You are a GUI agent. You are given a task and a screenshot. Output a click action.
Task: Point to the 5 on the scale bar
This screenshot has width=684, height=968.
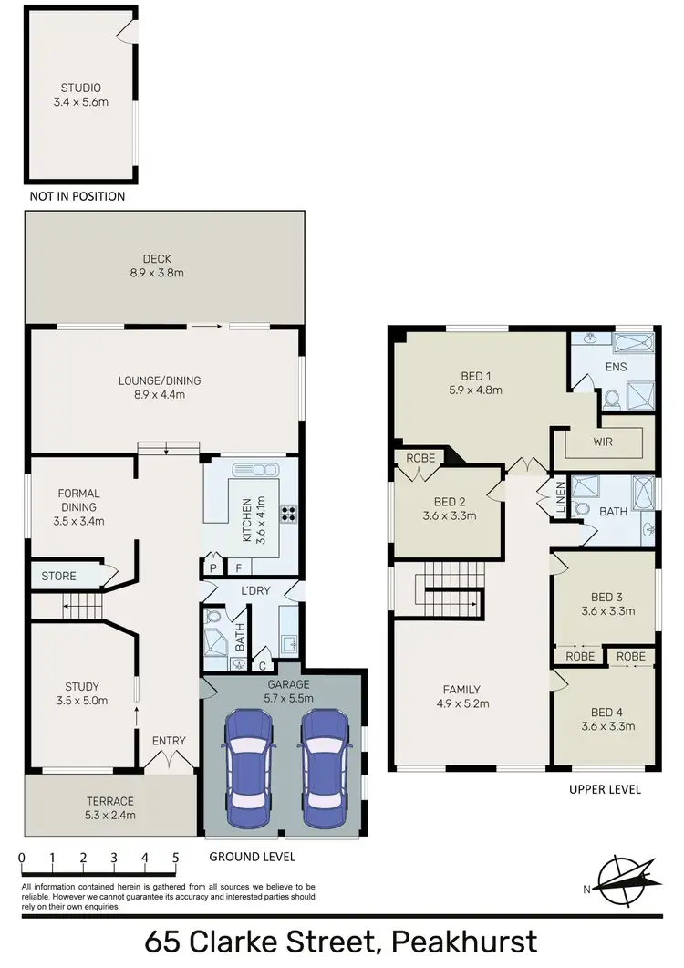click(x=175, y=859)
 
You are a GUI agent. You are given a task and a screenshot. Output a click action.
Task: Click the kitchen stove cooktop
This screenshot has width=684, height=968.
click(x=290, y=514)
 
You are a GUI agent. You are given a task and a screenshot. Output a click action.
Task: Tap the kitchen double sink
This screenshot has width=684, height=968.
click(x=255, y=470)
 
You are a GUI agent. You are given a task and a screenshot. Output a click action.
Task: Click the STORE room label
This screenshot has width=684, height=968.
click(x=58, y=576)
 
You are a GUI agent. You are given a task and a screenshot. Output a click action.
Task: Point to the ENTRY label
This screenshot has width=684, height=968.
click(x=169, y=741)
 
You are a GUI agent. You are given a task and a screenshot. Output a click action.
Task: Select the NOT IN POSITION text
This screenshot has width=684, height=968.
click(x=78, y=196)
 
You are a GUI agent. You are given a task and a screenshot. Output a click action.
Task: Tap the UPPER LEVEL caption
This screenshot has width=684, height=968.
click(x=604, y=789)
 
